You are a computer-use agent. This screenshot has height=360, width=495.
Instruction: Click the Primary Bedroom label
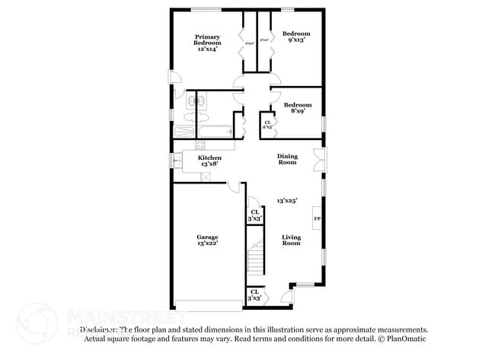[206, 42]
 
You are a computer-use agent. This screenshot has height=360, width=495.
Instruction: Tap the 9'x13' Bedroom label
[296, 37]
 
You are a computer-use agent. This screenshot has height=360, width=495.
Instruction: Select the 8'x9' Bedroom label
[297, 109]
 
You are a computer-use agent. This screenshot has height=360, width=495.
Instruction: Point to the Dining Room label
[287, 159]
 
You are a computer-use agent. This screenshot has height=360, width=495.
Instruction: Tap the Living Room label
[291, 241]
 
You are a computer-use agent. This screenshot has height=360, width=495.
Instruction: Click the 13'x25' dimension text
[286, 200]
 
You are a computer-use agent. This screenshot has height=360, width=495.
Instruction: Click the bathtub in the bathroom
[203, 132]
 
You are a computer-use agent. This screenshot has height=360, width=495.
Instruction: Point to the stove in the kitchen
[200, 145]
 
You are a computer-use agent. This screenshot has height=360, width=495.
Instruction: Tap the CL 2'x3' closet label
[267, 125]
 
